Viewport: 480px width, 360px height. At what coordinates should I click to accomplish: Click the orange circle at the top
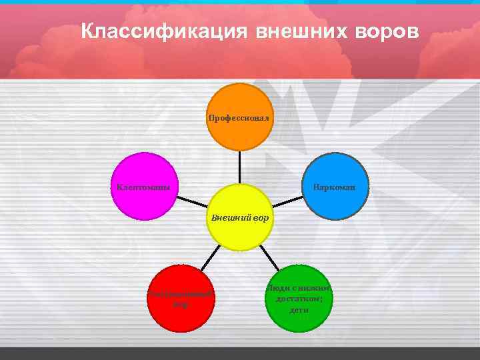pos(239,117)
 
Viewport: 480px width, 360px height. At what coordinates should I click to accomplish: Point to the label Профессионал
pos(239,117)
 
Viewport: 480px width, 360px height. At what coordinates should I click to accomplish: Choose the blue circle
pos(335,187)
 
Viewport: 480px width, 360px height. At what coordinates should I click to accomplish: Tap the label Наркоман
pos(334,187)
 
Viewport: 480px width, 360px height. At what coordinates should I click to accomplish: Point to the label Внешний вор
pos(239,217)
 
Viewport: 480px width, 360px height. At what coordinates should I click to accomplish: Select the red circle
pos(180,299)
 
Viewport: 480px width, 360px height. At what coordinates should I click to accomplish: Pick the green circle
pos(299,299)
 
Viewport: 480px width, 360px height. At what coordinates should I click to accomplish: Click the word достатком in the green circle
pos(299,299)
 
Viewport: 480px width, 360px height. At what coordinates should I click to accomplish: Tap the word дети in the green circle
pos(299,311)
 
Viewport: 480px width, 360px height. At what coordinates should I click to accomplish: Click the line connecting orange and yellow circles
pos(239,167)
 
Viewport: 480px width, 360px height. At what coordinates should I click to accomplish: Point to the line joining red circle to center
pos(211,257)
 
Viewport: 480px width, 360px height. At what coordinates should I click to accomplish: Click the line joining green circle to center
pos(268,257)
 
